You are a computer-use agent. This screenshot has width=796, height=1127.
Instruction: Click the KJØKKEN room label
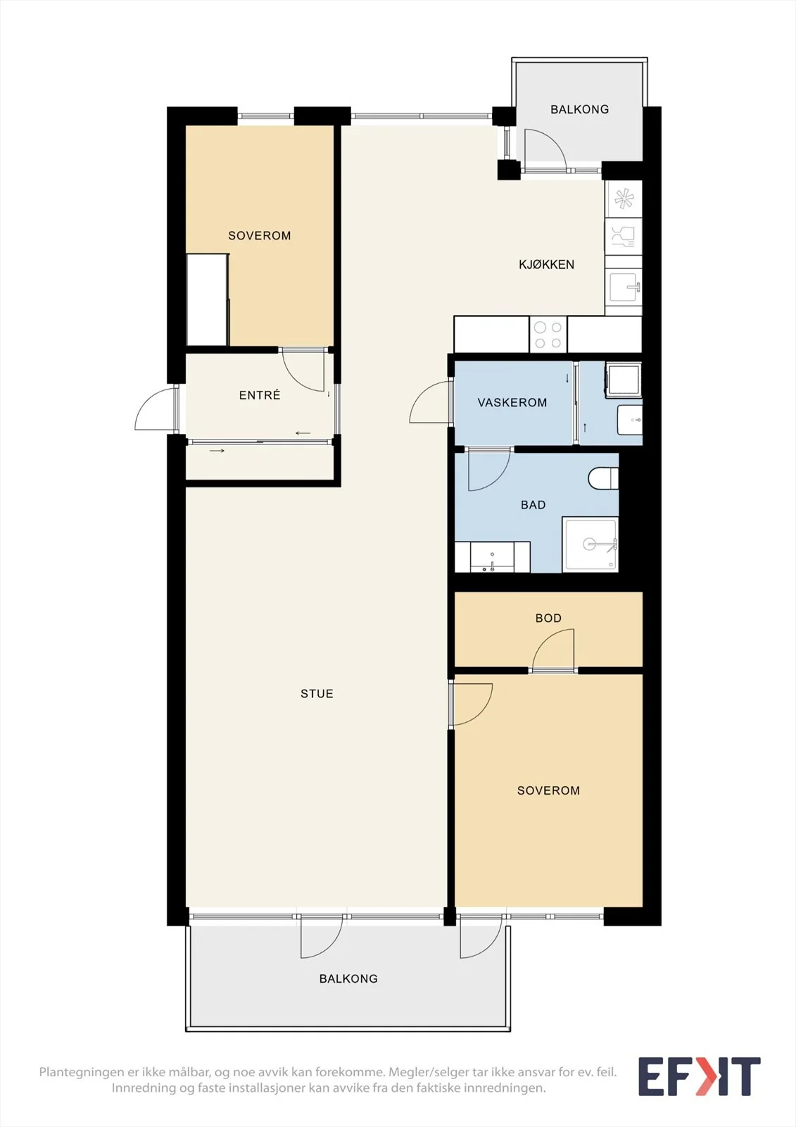546,265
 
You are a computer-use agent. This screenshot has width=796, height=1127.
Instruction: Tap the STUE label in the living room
317,694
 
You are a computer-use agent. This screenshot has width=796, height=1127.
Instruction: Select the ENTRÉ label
260,395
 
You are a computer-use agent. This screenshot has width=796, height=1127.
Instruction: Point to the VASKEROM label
512,402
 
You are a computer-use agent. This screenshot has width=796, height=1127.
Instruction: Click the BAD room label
533,504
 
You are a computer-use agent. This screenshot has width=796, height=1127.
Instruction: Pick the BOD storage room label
548,618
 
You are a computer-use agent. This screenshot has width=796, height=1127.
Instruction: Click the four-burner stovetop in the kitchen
548,335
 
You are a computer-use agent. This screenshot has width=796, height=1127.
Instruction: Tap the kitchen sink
624,287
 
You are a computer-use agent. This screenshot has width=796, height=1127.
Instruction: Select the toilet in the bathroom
603,478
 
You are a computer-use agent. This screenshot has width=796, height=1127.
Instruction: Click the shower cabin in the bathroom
590,544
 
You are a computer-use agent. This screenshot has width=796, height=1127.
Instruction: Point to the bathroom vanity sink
492,557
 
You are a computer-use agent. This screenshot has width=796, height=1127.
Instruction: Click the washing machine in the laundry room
624,380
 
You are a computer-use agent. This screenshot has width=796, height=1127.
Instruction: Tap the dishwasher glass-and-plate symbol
624,236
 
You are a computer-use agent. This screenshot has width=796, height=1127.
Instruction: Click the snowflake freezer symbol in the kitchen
624,199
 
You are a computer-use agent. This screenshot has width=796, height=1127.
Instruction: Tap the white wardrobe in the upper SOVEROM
207,299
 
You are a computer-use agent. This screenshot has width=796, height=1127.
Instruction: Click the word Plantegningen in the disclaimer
81,1072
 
